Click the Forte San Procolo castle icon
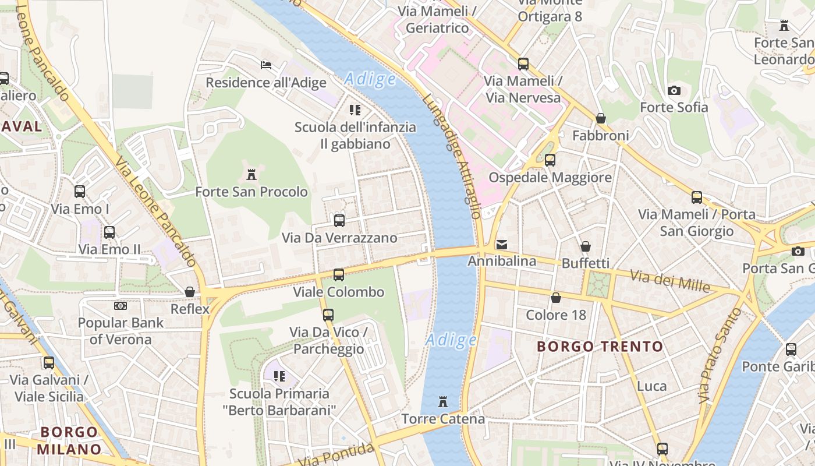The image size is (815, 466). (x=251, y=174)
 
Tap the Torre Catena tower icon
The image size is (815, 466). (x=443, y=402)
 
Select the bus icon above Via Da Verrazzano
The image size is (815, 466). (x=339, y=221)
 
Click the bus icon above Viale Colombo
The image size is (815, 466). (x=339, y=274)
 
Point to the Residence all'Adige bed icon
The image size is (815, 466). (x=266, y=65)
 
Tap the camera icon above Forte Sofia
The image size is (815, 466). (x=674, y=90)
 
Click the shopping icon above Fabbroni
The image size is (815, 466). (x=601, y=118)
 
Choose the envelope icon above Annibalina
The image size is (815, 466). (x=502, y=245)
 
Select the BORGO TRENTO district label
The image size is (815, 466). (x=600, y=347)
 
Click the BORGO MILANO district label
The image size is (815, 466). (x=69, y=441)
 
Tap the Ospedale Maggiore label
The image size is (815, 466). (x=550, y=177)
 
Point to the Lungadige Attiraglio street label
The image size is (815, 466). (x=452, y=156)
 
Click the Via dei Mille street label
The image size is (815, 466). (x=670, y=282)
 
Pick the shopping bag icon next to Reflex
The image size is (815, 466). (x=190, y=292)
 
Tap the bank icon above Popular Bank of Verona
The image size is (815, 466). (x=121, y=305)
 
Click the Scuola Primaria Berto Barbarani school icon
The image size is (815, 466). (x=279, y=376)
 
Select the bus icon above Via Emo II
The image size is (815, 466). (x=109, y=232)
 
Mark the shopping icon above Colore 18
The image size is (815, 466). (x=556, y=298)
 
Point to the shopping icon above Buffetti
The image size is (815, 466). (x=586, y=246)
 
